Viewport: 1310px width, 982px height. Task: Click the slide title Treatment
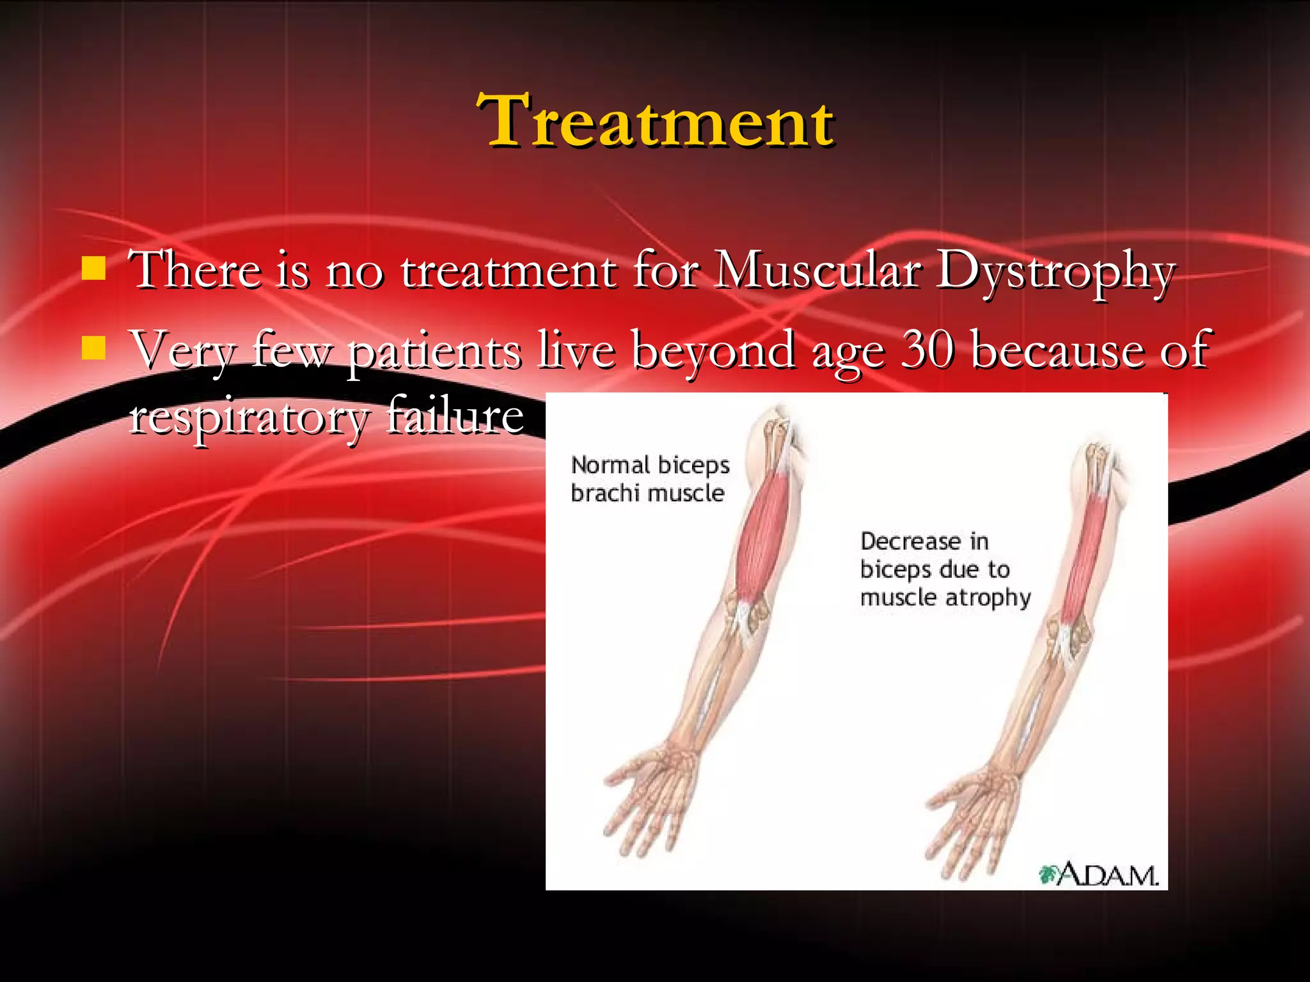[x=656, y=121]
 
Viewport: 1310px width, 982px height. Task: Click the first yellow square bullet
[x=93, y=269]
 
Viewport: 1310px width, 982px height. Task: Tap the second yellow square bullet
[x=93, y=349]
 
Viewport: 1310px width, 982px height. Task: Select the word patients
[x=434, y=352]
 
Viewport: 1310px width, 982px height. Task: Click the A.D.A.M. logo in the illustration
[x=1099, y=875]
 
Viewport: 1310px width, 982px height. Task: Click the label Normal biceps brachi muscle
[x=649, y=479]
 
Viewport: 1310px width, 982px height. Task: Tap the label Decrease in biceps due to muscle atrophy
[x=944, y=569]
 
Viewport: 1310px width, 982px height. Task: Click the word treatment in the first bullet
[x=509, y=270]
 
